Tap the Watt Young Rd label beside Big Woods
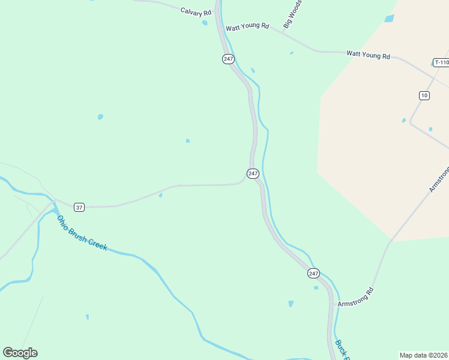(x=247, y=28)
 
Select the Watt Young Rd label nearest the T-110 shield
(x=368, y=55)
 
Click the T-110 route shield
(x=441, y=62)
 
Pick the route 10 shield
(x=424, y=95)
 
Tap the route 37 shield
(x=79, y=207)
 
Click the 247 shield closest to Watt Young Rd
(x=228, y=58)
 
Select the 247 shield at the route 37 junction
(x=253, y=173)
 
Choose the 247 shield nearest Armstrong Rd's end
(x=313, y=273)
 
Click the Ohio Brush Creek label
(x=82, y=233)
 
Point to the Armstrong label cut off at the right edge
(x=439, y=179)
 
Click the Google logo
(x=20, y=353)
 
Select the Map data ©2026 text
(x=423, y=355)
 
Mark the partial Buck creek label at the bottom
(x=341, y=349)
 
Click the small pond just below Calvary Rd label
(x=205, y=23)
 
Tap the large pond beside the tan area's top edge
(x=389, y=19)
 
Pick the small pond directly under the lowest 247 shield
(x=316, y=287)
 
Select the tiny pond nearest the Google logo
(x=88, y=317)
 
